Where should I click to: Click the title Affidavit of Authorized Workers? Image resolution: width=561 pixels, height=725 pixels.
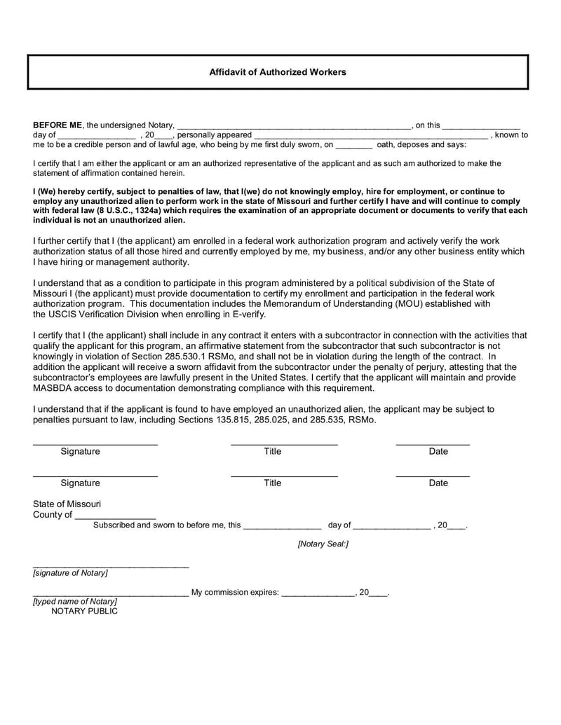point(277,72)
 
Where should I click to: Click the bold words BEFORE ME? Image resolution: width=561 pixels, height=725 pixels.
point(58,125)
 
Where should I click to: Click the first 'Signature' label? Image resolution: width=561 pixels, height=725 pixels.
point(80,452)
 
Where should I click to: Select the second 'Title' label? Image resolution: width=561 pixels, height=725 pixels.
point(272,483)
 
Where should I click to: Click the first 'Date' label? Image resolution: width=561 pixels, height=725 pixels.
point(438,452)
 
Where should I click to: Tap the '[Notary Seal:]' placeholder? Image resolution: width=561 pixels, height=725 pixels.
point(323,544)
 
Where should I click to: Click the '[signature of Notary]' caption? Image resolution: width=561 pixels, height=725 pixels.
point(70,573)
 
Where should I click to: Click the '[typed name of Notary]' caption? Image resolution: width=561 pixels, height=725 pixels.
point(75,601)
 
